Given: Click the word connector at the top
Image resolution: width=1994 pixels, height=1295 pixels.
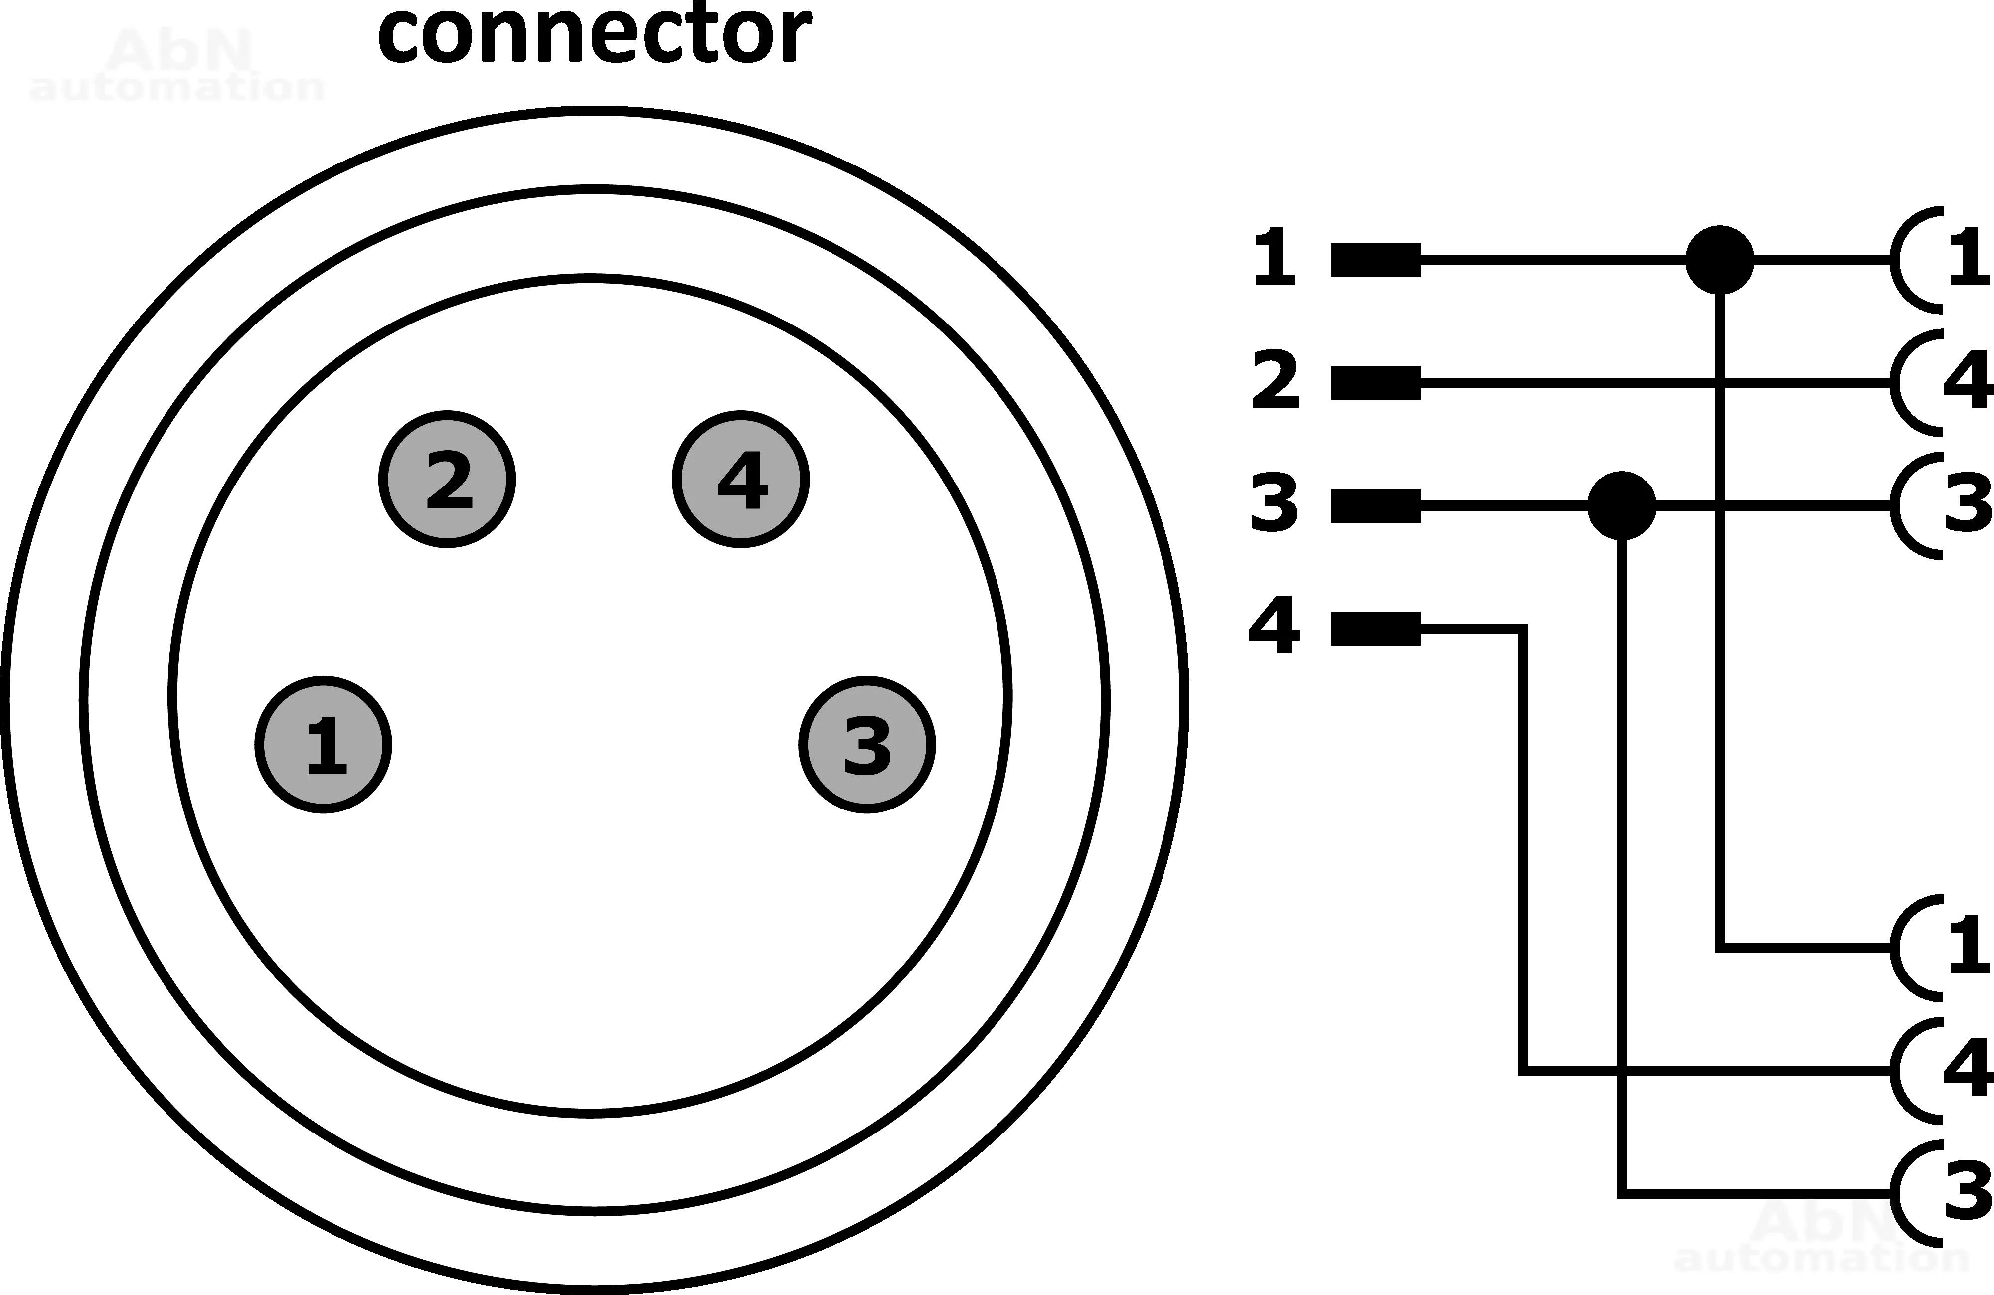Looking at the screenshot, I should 594,35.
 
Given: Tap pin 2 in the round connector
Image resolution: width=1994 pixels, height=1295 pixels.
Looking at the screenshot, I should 447,480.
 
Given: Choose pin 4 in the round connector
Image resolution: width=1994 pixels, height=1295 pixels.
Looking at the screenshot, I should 741,480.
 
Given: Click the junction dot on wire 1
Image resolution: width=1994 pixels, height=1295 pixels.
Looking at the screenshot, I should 1719,260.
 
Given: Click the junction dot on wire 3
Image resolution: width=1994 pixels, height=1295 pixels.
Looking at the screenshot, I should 1622,505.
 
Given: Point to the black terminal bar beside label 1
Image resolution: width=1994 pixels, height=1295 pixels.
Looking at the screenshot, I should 1376,260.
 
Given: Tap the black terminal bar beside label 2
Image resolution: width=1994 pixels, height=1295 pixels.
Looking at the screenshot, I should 1376,383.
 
